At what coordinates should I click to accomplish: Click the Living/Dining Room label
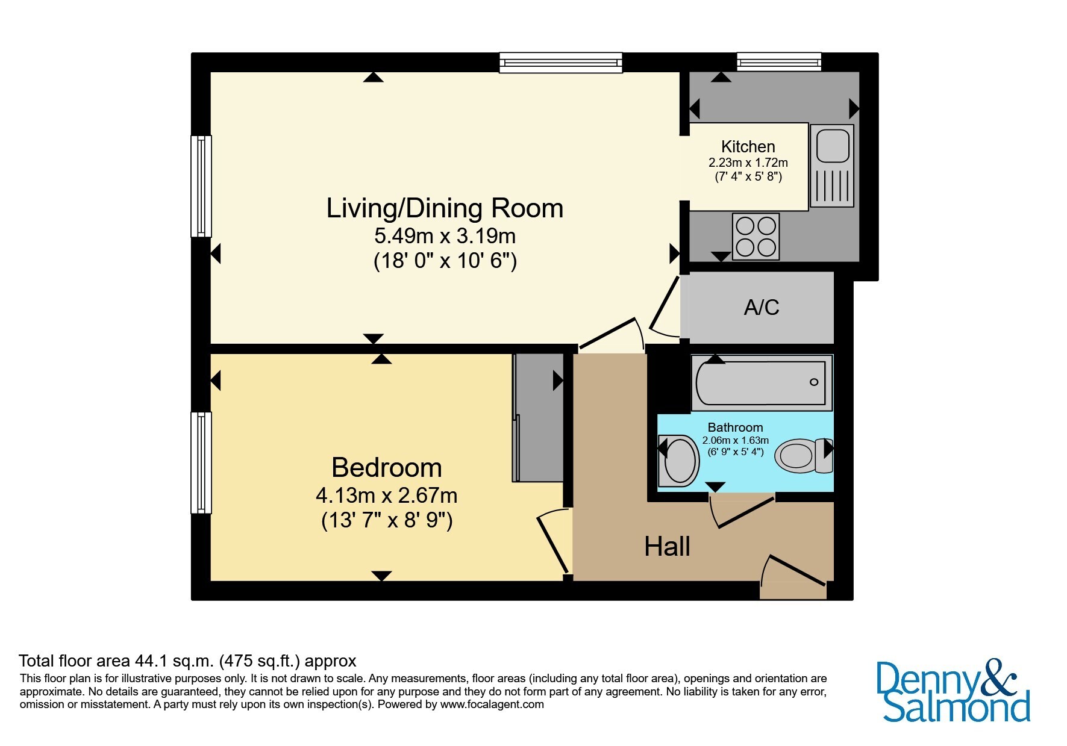click(445, 208)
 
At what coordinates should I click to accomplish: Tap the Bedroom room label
click(387, 468)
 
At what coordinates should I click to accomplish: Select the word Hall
click(667, 547)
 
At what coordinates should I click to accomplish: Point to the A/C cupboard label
click(762, 307)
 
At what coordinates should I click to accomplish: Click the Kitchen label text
click(748, 146)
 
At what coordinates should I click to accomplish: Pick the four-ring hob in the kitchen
click(756, 237)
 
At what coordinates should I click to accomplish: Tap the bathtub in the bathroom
click(762, 382)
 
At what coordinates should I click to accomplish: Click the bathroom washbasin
click(678, 461)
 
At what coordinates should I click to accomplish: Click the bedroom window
click(201, 462)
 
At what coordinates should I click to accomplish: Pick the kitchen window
click(779, 61)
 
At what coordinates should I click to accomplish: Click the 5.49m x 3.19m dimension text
click(445, 235)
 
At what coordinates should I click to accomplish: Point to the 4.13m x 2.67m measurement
click(387, 496)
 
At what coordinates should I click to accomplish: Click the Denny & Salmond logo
click(953, 691)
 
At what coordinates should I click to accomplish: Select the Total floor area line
click(187, 661)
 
